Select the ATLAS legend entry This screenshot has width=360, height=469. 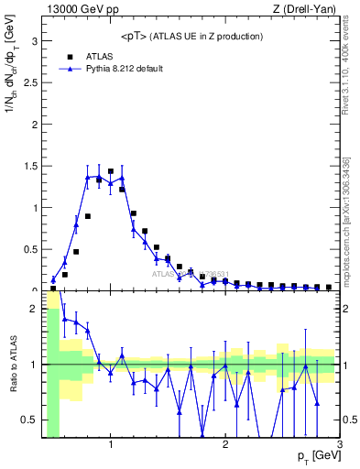click(99, 56)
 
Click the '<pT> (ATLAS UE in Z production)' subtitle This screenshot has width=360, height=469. click(191, 36)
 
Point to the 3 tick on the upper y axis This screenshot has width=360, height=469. click(37, 41)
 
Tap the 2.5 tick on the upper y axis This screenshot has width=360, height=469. click(32, 83)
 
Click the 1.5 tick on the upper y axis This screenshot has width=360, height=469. click(32, 167)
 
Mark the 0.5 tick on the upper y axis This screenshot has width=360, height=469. click(32, 249)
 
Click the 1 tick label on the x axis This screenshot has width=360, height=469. click(111, 445)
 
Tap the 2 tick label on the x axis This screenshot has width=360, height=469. click(225, 445)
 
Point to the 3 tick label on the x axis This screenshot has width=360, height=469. click(339, 445)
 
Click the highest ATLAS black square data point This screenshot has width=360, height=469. click(111, 171)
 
